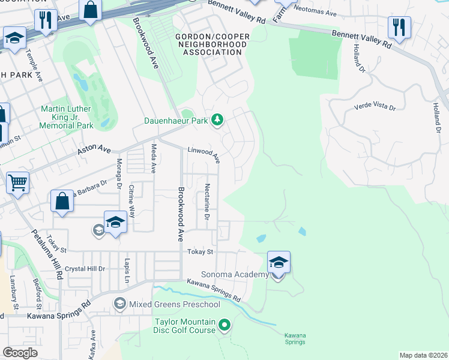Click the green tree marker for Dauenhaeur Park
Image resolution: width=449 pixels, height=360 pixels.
pos(217,121)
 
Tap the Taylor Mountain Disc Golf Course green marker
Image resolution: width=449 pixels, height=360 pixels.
pos(224,326)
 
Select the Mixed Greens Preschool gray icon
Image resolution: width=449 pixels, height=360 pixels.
pos(120,304)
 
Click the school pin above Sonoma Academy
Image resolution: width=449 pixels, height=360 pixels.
pos(279,263)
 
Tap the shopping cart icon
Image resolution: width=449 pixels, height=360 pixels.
pos(17,182)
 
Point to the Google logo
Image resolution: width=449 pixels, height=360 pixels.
pos(20,352)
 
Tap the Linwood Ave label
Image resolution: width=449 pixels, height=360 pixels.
pos(204,154)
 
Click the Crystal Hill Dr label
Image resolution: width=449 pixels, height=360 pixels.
pos(85,269)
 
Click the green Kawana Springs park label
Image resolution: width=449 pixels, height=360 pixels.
pos(295,338)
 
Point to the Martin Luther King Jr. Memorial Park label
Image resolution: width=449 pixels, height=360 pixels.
pos(67,117)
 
